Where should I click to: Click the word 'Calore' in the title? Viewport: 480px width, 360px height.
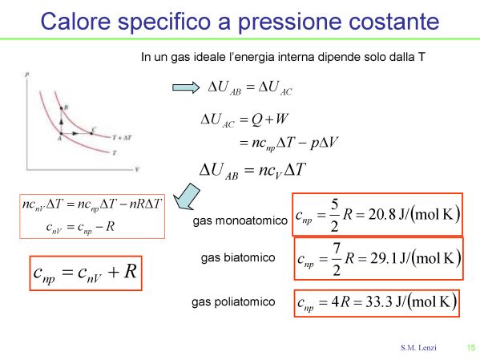75,21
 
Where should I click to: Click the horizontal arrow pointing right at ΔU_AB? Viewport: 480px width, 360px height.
186,87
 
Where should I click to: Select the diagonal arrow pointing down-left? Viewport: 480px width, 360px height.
187,196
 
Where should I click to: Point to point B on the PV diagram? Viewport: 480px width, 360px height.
61,108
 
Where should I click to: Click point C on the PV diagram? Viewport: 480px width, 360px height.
91,133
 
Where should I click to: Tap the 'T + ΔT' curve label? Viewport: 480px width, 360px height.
122,138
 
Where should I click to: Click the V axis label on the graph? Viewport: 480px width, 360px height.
137,169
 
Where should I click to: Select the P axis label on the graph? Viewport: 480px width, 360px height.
27,75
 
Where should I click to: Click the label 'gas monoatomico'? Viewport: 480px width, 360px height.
240,220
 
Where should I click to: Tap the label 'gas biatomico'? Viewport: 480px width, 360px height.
238,257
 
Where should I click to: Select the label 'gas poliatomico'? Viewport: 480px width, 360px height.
233,301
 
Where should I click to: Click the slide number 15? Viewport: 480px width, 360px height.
471,347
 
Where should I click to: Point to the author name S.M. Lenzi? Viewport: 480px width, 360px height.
418,347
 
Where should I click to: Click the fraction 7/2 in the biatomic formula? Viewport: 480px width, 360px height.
337,259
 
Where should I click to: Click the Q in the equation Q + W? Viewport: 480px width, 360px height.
256,119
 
